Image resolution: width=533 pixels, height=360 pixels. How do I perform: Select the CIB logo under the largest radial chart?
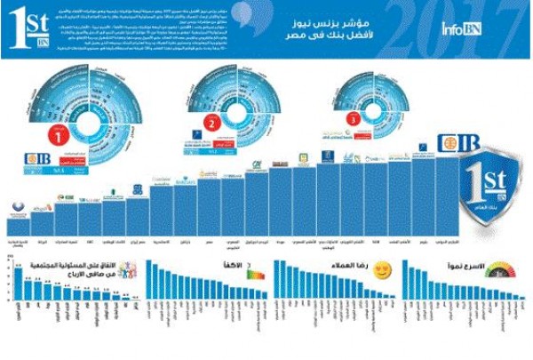(37, 161)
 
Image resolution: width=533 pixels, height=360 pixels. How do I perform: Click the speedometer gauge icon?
(505, 268)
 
